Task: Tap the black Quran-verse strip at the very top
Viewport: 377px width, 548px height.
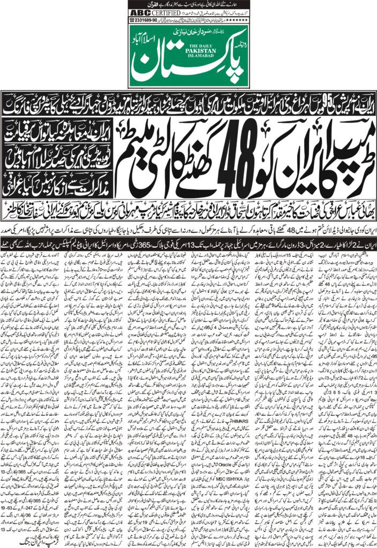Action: point(188,3)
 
